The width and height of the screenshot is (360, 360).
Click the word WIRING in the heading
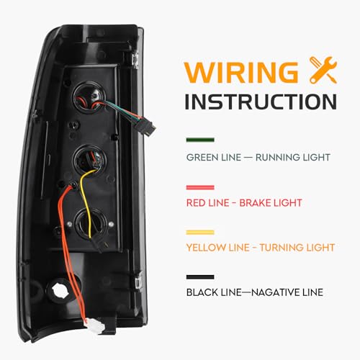point(241,72)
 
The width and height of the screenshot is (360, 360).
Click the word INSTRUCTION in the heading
point(261,102)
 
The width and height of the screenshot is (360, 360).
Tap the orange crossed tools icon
point(323,71)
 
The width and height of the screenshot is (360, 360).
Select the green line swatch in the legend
point(200,140)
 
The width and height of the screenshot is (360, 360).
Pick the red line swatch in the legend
point(200,187)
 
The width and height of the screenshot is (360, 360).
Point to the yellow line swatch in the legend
point(200,233)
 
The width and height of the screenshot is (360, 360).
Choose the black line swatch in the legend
point(200,277)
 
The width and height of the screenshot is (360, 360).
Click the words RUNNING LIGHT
point(293,158)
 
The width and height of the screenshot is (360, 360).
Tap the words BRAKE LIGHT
point(271,203)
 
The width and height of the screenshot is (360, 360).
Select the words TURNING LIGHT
point(297,248)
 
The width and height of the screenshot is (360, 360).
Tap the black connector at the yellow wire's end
point(100,243)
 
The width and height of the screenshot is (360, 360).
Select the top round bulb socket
point(89,97)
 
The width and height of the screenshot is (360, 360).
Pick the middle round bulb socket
point(90,159)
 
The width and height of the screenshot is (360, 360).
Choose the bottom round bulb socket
point(91,223)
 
